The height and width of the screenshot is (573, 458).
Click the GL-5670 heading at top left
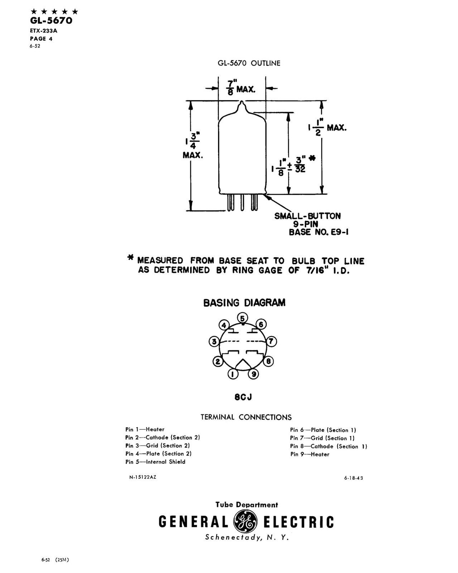coord(51,20)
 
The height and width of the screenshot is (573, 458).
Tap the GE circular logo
coord(245,521)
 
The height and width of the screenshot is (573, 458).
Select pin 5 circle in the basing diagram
coord(242,318)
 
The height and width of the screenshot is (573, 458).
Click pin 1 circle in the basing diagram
coord(233,374)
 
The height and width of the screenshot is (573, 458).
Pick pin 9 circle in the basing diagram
coord(253,374)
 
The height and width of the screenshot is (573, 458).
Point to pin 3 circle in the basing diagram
coord(214,341)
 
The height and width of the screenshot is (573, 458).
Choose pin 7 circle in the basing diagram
coord(271,341)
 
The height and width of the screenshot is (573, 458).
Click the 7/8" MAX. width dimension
coord(241,88)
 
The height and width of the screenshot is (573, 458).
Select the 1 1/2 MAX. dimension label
coord(327,127)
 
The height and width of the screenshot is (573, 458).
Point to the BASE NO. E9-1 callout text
coord(319,232)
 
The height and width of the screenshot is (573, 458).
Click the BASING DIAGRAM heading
coord(244,303)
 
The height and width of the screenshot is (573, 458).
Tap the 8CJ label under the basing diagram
coord(243,397)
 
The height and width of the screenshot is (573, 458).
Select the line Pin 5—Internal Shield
coord(155,462)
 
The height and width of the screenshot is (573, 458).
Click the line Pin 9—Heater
coord(310,454)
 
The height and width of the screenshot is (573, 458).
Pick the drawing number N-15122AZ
coord(143,477)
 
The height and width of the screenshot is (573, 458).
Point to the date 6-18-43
coord(353,478)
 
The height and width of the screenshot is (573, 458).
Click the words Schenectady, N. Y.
coord(247,537)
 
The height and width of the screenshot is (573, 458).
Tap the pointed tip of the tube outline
coord(241,101)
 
